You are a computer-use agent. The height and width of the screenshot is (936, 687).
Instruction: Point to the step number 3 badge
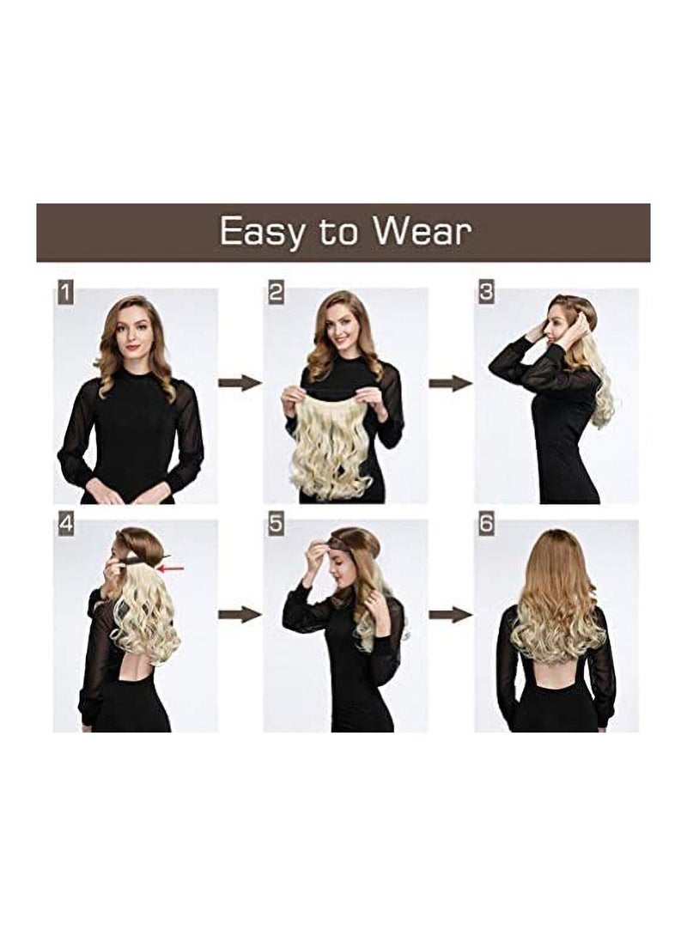486,293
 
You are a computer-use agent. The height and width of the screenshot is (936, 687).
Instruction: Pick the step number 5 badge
276,524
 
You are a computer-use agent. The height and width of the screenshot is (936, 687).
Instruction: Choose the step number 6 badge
486,524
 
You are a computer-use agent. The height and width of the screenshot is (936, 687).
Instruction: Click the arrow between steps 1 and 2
240,382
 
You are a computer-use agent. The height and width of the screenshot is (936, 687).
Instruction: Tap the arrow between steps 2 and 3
450,383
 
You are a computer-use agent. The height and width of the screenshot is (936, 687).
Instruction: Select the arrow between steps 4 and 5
240,614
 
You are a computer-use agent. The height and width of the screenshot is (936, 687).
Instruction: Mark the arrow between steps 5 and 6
450,614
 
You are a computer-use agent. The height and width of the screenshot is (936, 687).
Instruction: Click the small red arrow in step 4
172,568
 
